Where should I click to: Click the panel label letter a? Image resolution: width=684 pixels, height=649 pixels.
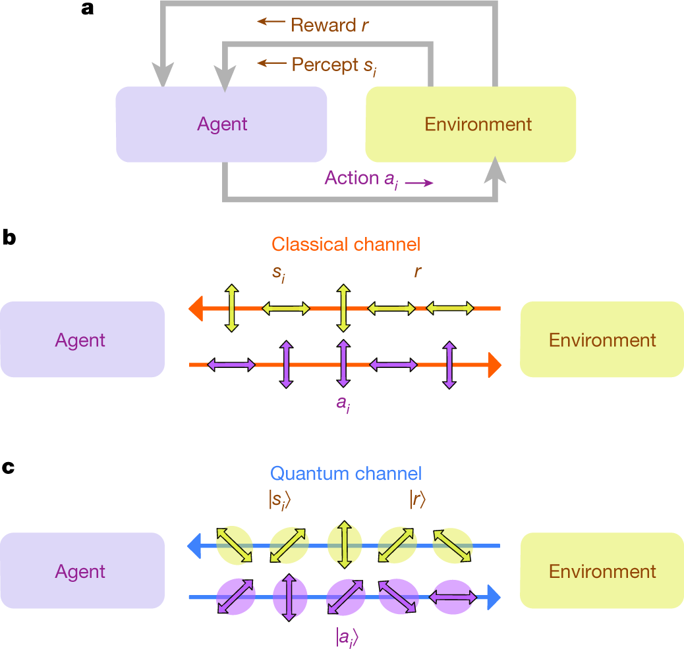click(87, 9)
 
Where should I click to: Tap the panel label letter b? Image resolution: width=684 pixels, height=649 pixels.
click(9, 238)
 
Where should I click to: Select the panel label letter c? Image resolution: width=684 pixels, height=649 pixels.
click(9, 467)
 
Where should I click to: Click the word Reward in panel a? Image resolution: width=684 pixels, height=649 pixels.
click(324, 25)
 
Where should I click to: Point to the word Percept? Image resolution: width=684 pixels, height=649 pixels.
click(325, 65)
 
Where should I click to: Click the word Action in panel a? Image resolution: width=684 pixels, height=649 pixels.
click(352, 178)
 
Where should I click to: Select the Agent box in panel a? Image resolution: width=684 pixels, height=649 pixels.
click(221, 124)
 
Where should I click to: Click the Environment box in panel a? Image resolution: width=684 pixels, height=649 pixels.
click(470, 124)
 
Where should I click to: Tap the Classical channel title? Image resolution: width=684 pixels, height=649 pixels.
click(346, 244)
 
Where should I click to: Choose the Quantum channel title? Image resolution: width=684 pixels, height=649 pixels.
click(346, 473)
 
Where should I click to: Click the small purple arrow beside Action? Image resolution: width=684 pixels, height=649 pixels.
click(419, 183)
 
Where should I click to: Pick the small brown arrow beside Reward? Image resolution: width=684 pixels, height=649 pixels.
click(271, 21)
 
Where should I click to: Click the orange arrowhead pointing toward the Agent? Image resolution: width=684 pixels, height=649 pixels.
click(196, 309)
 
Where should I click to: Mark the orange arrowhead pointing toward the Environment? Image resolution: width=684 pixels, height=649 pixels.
click(495, 365)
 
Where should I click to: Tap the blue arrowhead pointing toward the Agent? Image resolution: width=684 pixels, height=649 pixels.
click(194, 546)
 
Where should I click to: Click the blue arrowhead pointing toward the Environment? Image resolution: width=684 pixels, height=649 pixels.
click(494, 597)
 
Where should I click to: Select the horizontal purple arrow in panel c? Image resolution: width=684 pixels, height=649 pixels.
click(453, 597)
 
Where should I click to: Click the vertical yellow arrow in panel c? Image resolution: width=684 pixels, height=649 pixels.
click(345, 544)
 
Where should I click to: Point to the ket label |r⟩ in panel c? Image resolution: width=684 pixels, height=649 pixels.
click(418, 499)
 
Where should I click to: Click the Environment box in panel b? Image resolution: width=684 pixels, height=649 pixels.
click(602, 339)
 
